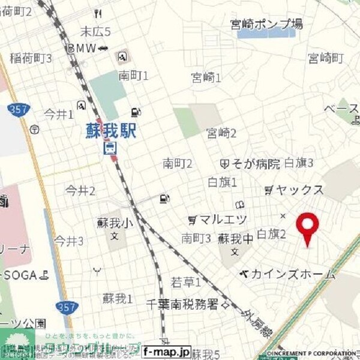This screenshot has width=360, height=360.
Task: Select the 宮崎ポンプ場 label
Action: (266, 24)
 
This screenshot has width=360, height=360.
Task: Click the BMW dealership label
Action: (82, 48)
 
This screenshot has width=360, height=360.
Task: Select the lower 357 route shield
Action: (66, 307)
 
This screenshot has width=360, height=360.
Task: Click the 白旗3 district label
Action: (299, 163)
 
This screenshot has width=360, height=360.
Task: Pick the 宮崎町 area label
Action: (326, 58)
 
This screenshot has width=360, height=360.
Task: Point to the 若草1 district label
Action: (185, 281)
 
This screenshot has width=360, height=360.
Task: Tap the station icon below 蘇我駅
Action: (111, 148)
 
